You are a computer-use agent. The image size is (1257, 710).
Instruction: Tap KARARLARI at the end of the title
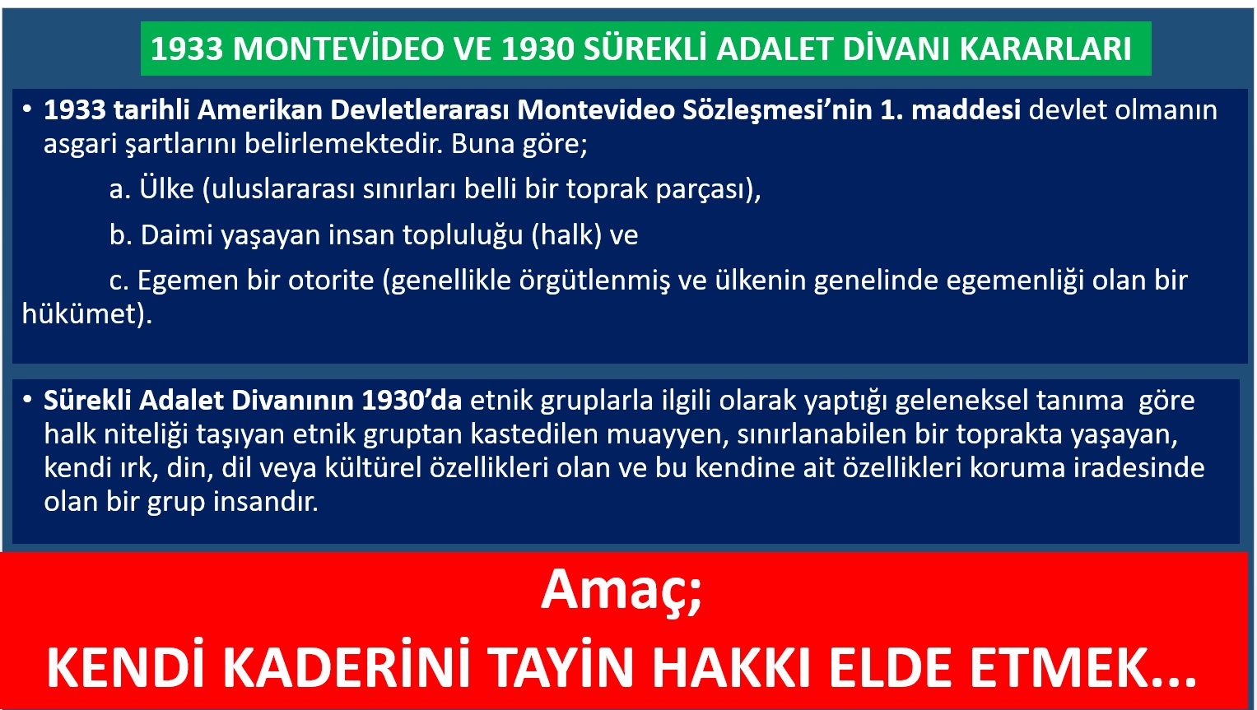click(1045, 49)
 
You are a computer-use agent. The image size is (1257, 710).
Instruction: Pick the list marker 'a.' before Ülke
click(120, 189)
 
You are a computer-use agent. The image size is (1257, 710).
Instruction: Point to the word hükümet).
click(87, 313)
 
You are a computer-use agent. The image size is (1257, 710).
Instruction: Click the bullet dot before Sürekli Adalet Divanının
click(27, 400)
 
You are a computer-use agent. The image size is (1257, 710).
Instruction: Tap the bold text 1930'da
click(412, 401)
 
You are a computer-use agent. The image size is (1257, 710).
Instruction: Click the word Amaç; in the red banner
click(622, 591)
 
